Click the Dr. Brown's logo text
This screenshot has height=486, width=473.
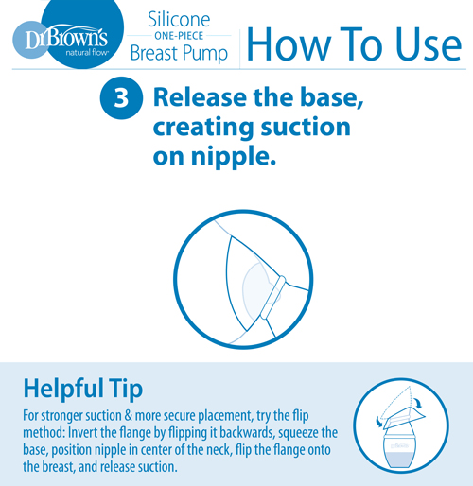click(66, 39)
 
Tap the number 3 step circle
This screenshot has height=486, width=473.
click(121, 98)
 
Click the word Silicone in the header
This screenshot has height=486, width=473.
click(179, 20)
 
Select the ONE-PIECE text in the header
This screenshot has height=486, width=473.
click(179, 36)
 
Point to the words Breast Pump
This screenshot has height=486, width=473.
click(179, 53)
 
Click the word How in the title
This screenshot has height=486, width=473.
click(289, 44)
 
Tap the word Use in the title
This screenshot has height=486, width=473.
click(428, 44)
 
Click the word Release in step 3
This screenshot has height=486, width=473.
click(200, 97)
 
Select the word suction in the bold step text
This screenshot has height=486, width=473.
click(306, 127)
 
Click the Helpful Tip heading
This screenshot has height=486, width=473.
click(83, 389)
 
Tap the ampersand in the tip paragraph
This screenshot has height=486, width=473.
click(128, 415)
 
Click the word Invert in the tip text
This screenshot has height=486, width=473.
click(82, 432)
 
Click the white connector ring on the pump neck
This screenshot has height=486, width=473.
click(273, 297)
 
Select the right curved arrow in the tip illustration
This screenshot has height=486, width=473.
click(418, 403)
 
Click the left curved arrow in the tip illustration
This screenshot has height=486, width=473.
click(378, 422)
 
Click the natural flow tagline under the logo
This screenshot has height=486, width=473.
click(87, 52)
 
